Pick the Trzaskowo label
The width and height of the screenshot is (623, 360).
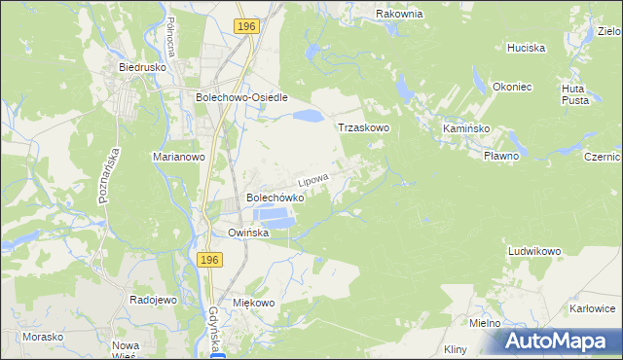(x=363, y=127)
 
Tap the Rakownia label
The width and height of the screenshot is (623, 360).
(x=400, y=15)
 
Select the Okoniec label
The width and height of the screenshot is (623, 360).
(x=511, y=87)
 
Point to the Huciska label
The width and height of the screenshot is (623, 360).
(x=526, y=48)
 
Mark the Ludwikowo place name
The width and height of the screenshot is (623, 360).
(x=534, y=251)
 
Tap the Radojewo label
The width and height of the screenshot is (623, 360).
(x=153, y=301)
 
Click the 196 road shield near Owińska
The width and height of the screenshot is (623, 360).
(x=210, y=260)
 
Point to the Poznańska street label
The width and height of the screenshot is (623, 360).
(x=108, y=175)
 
